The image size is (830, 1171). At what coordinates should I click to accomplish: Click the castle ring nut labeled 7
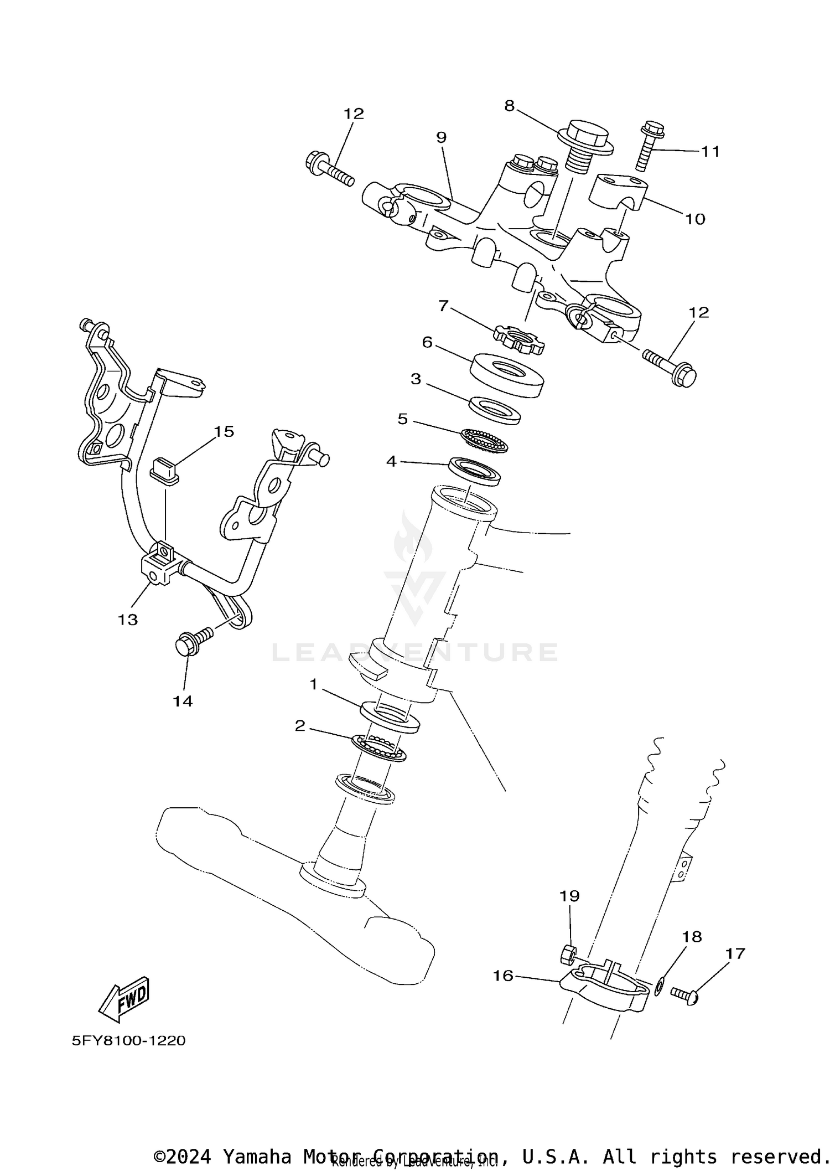click(x=518, y=339)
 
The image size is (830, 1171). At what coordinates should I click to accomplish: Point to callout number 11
click(x=710, y=151)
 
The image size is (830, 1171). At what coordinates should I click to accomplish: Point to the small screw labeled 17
click(x=685, y=993)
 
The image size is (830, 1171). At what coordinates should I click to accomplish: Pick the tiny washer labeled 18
click(x=659, y=986)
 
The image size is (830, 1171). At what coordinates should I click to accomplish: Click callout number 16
click(x=503, y=976)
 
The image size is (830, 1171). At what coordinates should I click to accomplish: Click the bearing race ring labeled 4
click(x=474, y=471)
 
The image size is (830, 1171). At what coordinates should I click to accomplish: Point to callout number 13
click(x=127, y=620)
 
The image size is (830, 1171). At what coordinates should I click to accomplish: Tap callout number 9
click(x=441, y=137)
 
